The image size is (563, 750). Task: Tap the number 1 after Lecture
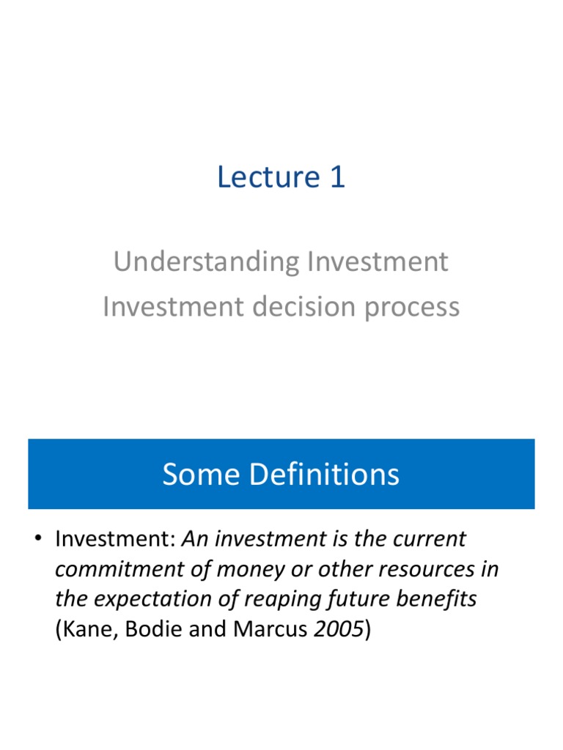pos(336,178)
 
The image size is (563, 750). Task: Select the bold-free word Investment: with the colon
pos(115,540)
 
